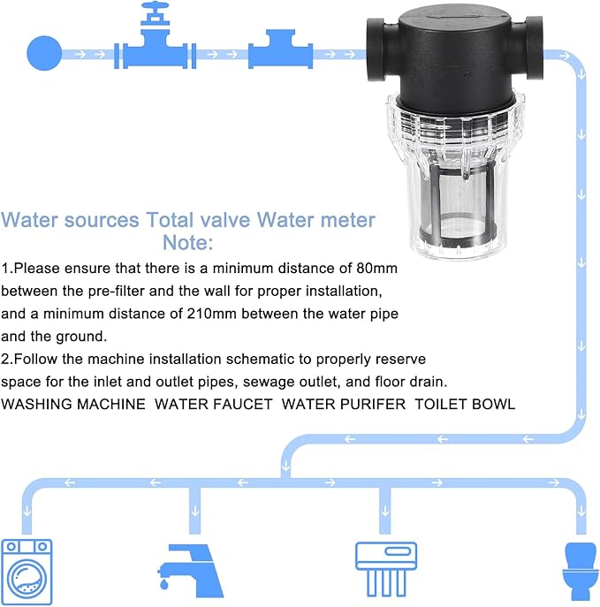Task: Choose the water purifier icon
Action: click(x=385, y=565)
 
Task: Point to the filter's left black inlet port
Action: click(x=380, y=53)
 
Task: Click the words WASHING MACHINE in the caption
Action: click(x=73, y=404)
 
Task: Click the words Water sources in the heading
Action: click(x=71, y=220)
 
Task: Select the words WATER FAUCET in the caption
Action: click(x=209, y=404)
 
